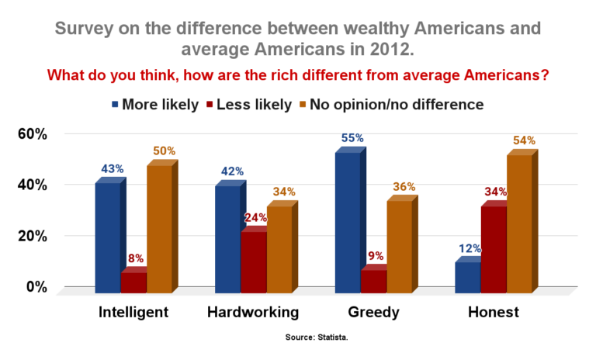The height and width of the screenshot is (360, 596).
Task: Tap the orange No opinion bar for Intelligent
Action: tap(159, 229)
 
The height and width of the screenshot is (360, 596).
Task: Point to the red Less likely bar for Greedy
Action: tap(373, 281)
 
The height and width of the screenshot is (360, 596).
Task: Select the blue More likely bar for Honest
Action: tap(467, 277)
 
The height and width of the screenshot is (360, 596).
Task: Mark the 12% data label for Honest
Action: tap(470, 249)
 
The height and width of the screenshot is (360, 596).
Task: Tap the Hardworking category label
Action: tap(253, 313)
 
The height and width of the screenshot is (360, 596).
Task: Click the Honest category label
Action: tap(494, 313)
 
